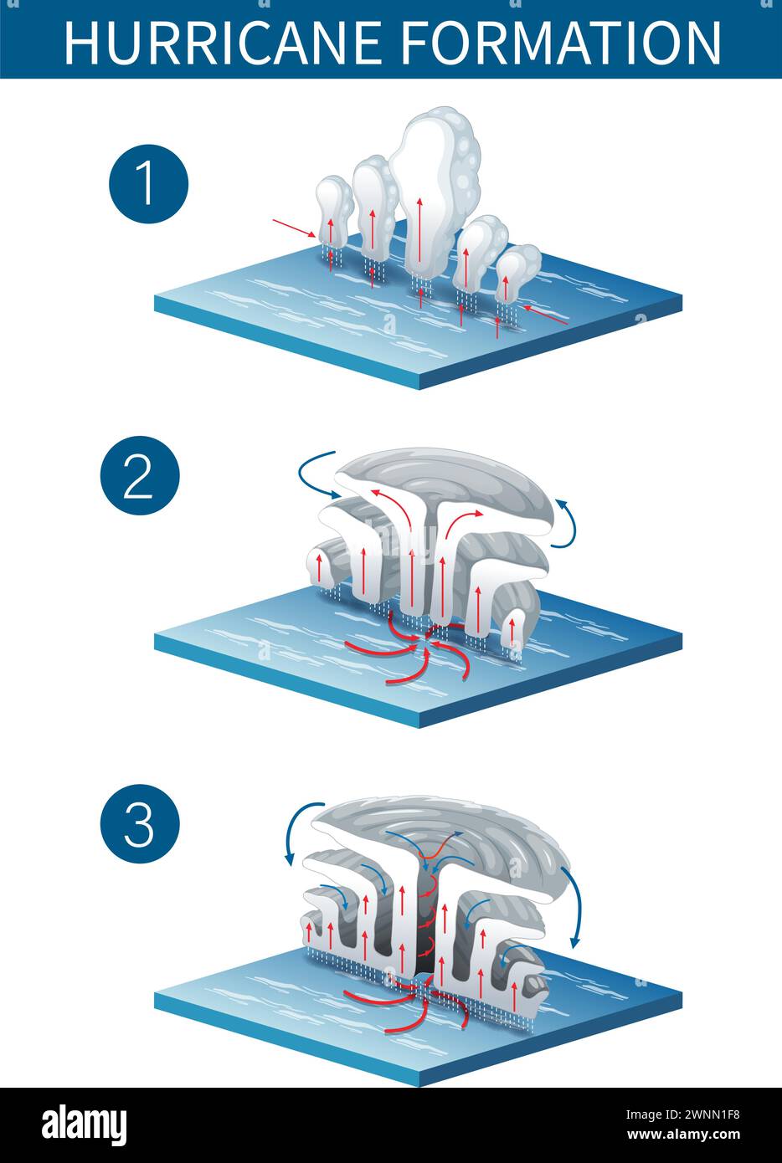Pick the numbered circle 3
pos(139,823)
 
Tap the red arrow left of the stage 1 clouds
pos(294,228)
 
